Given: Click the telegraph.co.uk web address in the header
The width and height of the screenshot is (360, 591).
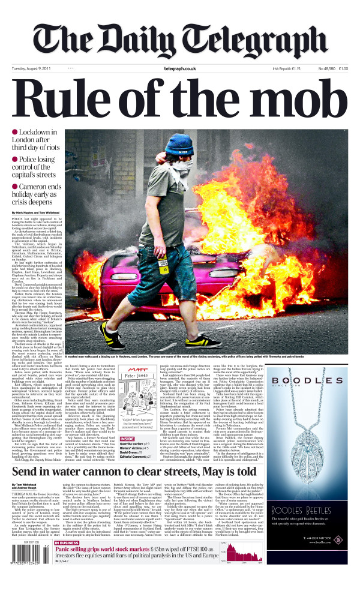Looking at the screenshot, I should [x=179, y=68].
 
